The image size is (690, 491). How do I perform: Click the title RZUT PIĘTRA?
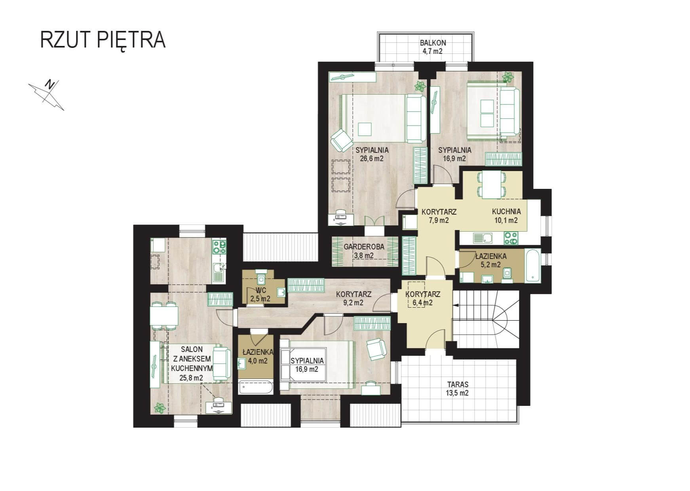(103, 40)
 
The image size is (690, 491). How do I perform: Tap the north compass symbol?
(47, 95)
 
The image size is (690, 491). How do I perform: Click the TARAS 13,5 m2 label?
(458, 388)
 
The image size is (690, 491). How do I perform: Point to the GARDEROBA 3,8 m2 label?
(364, 251)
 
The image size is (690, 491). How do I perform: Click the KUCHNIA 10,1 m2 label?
(506, 216)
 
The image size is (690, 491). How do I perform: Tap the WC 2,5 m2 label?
(260, 295)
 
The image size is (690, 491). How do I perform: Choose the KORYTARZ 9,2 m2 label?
(354, 299)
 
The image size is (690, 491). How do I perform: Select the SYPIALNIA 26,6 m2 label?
(372, 154)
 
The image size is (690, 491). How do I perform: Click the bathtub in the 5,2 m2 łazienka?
(532, 266)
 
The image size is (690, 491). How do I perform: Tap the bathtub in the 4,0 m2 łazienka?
(256, 387)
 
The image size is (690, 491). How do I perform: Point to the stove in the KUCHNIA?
(510, 238)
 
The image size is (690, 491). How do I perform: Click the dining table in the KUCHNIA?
(492, 185)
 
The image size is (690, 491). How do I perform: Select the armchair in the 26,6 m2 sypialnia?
(341, 140)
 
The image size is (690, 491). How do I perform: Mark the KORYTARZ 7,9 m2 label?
(439, 216)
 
